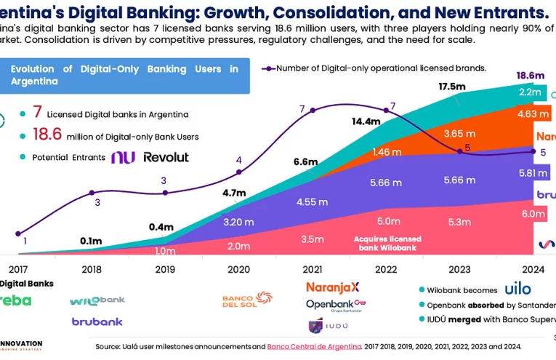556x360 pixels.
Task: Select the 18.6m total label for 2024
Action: point(530,75)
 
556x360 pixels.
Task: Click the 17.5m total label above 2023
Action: point(452,87)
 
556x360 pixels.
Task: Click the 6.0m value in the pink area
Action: point(533,214)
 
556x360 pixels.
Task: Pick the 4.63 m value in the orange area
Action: point(531,114)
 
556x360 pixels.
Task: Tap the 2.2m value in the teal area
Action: point(530,92)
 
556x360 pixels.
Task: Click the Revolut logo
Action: point(166,157)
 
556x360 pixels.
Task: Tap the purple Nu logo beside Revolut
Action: point(123,157)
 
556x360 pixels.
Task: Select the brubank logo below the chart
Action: point(97,321)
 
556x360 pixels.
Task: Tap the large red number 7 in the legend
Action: point(37,113)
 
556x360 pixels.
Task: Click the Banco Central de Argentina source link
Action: point(314,346)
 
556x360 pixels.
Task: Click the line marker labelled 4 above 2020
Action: point(238,172)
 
